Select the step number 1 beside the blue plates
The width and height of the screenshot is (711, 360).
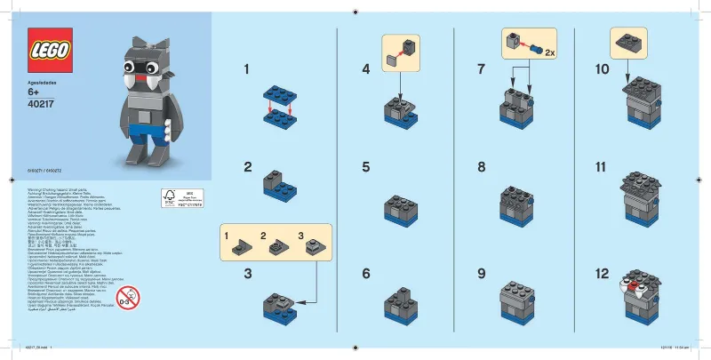247,68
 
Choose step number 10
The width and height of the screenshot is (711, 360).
601,68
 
